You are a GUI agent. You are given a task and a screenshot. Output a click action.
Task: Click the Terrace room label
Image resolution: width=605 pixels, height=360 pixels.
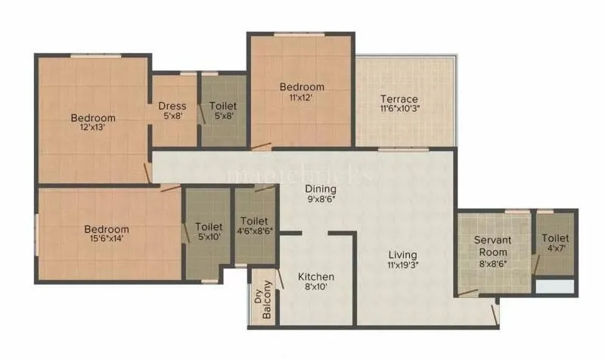[x=399, y=99]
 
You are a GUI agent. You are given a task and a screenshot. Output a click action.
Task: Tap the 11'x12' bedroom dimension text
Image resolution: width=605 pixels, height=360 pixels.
[x=300, y=98]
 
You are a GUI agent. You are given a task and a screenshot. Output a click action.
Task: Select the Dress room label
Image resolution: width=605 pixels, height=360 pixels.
[x=172, y=106]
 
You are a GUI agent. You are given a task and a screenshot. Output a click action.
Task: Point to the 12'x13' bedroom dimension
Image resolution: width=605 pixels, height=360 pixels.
[x=94, y=128]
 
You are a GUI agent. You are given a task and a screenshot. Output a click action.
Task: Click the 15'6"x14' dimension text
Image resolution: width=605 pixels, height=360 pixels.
[x=106, y=240]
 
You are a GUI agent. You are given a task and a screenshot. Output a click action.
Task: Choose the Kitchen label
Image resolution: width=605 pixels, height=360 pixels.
[x=315, y=277]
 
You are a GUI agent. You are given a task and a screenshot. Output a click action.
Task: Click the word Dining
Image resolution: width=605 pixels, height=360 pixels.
[x=321, y=188]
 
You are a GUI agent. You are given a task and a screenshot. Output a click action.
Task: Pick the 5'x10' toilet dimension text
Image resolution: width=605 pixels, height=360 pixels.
[x=209, y=237]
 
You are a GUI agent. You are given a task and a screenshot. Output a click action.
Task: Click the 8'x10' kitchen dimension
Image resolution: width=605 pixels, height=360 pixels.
[x=315, y=287]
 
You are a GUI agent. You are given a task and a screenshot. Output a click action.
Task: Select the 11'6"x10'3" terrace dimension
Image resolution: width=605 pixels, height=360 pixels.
[x=399, y=110]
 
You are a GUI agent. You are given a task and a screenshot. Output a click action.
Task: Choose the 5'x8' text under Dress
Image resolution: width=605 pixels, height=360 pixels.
[x=172, y=116]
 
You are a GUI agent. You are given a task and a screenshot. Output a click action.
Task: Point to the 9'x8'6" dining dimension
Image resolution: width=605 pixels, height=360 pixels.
[x=321, y=199]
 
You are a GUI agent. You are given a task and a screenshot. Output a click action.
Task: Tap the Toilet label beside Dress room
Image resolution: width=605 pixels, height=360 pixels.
[x=223, y=106]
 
